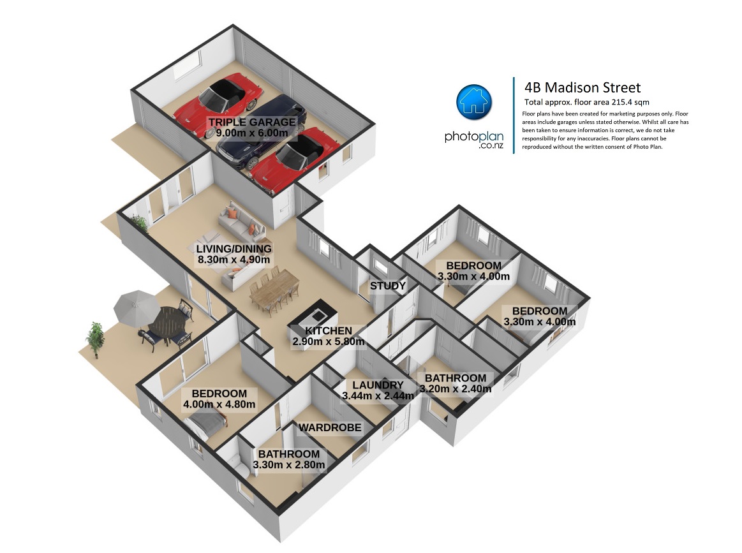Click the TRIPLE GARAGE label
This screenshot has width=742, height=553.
[x=252, y=122]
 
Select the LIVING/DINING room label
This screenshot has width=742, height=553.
[x=234, y=249]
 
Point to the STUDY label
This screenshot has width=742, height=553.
[x=387, y=286]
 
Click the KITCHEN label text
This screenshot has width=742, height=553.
[x=329, y=330]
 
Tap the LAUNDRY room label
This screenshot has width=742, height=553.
[x=378, y=385]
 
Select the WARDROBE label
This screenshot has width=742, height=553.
[x=330, y=427]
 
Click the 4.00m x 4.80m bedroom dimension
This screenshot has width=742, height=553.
[x=219, y=404]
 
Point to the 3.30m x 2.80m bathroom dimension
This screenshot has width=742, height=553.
[x=288, y=464]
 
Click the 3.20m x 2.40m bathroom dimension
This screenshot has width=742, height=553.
[x=456, y=389]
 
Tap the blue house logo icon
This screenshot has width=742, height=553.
[x=473, y=102]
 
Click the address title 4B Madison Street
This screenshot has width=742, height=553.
[x=582, y=87]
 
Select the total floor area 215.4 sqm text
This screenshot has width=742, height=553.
[x=587, y=102]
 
